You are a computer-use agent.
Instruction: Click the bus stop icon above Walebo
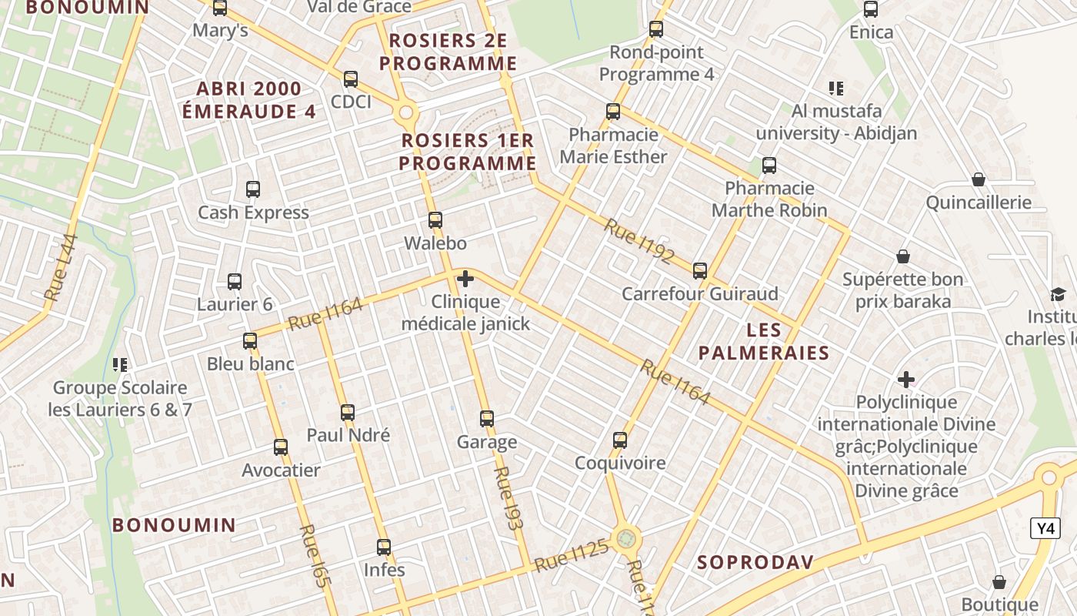435,220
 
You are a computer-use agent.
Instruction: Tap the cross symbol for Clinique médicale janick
465,279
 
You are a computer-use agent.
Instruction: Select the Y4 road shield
1045,528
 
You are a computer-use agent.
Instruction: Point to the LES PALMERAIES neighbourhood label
764,342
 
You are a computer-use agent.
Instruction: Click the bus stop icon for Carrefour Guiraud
700,271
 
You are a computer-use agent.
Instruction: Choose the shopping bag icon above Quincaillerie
979,179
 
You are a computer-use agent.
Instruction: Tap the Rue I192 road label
639,240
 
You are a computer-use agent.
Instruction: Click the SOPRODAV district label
755,562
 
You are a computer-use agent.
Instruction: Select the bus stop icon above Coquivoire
620,440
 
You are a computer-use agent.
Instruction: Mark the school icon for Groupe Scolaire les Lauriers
120,364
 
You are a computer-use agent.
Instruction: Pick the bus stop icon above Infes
384,547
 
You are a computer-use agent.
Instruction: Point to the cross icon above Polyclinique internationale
906,380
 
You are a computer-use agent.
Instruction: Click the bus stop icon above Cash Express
253,189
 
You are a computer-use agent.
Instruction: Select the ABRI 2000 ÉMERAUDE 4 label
248,100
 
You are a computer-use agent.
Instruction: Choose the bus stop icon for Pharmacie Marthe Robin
769,166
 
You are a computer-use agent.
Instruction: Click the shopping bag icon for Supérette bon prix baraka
903,256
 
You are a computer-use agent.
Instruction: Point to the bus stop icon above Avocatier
281,447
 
